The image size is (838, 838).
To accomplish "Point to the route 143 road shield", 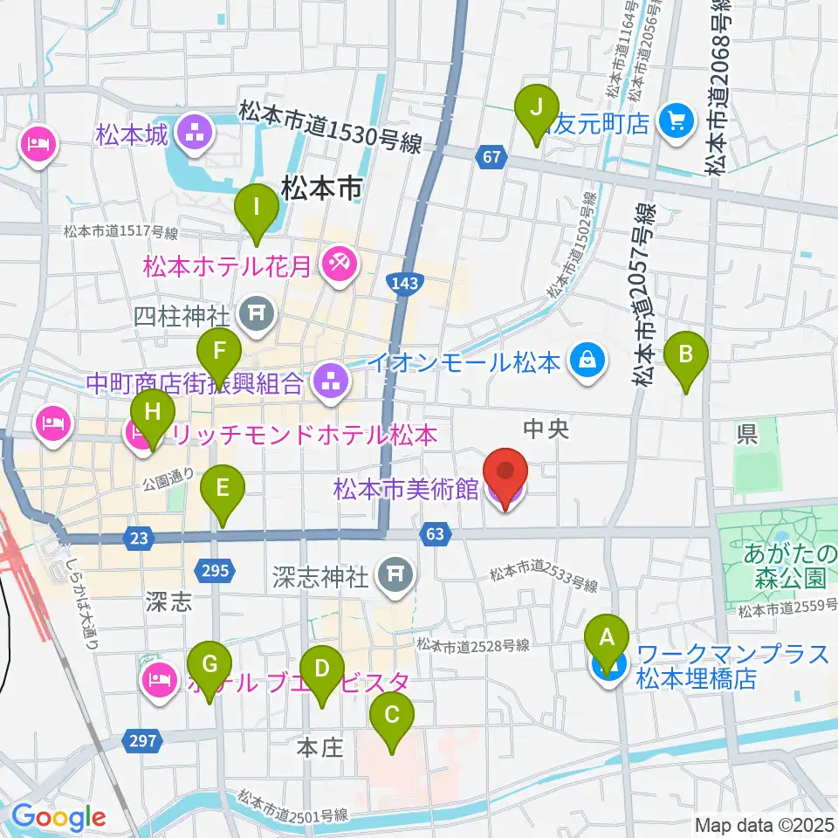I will point(403,283).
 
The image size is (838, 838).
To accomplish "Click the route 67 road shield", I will point(492,156).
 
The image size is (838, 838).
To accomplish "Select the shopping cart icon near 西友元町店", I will point(677,120).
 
